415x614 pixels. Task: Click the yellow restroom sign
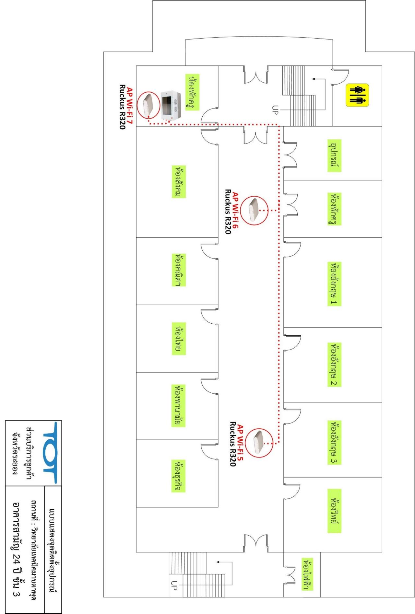click(x=358, y=95)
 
